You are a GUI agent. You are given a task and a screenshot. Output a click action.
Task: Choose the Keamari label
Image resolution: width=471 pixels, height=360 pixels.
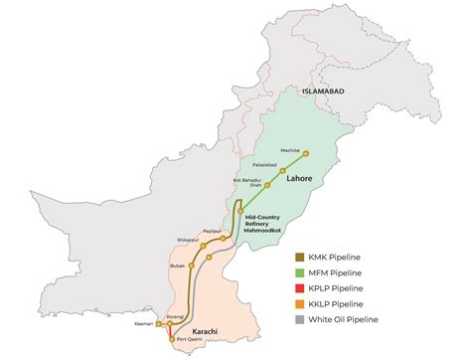tap(144, 323)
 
